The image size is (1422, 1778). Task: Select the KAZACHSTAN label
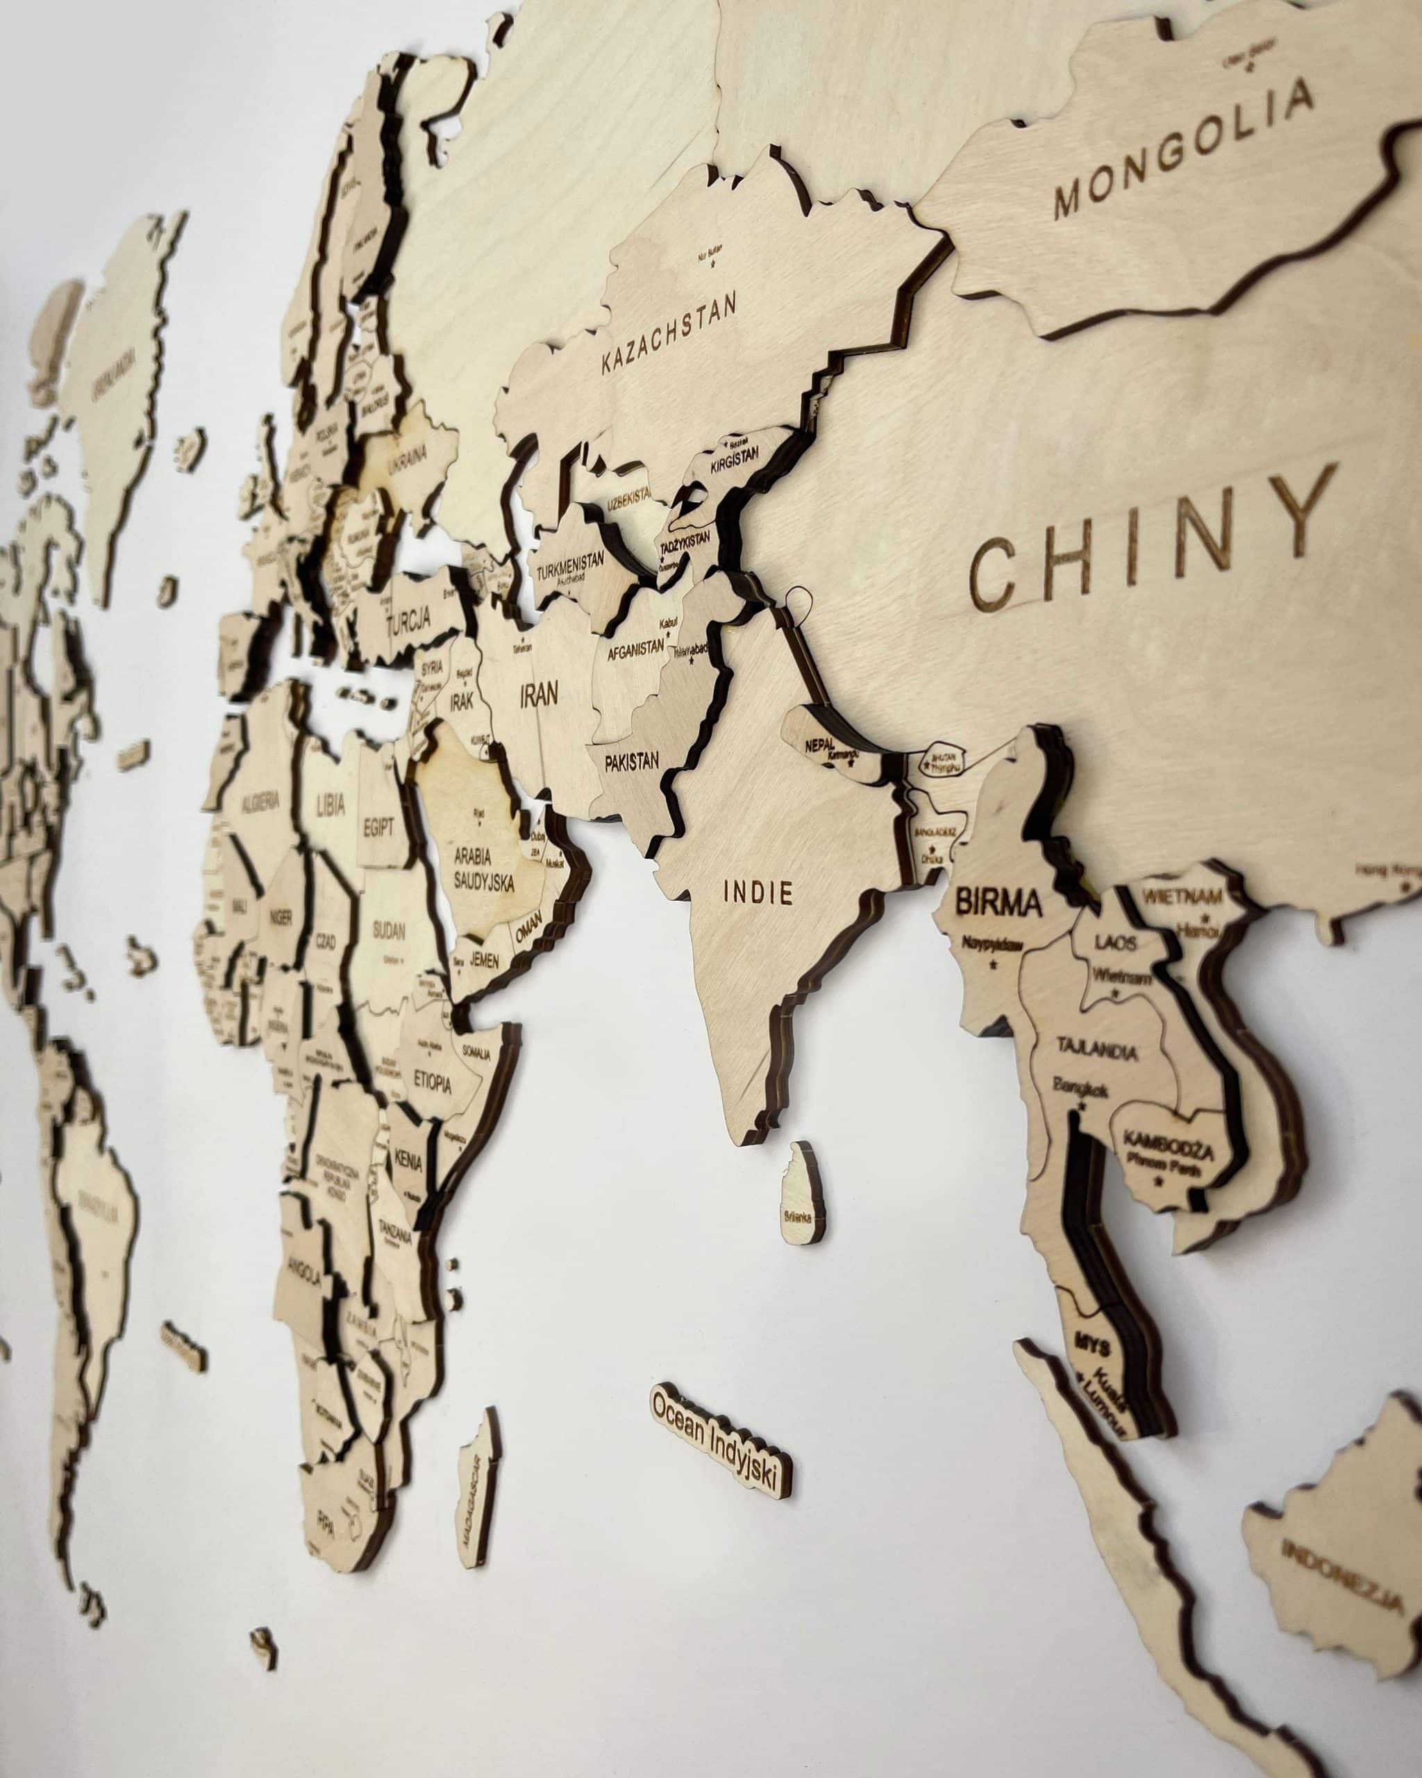(669, 336)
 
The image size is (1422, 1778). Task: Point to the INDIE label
(758, 892)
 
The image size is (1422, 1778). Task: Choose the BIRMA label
(999, 903)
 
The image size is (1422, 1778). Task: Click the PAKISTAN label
(631, 761)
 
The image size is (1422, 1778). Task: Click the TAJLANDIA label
(1097, 1051)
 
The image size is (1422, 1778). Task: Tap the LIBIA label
(331, 804)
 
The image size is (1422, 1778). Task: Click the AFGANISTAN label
(635, 651)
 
